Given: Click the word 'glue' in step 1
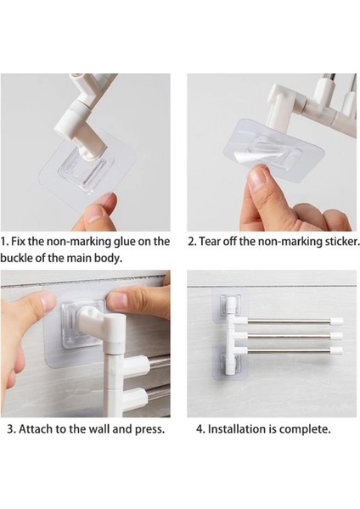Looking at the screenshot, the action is (126, 242).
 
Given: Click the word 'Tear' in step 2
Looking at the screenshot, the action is (209, 242).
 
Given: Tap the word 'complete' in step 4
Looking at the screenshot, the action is (303, 429).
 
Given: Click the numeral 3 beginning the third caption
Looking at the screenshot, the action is (10, 429).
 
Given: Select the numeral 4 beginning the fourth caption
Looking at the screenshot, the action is (200, 429).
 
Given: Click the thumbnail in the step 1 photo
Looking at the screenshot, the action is (94, 215).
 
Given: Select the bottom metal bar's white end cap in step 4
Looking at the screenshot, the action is (336, 350).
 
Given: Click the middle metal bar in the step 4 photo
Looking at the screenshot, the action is (290, 336).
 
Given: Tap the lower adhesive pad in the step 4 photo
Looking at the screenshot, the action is (230, 362).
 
